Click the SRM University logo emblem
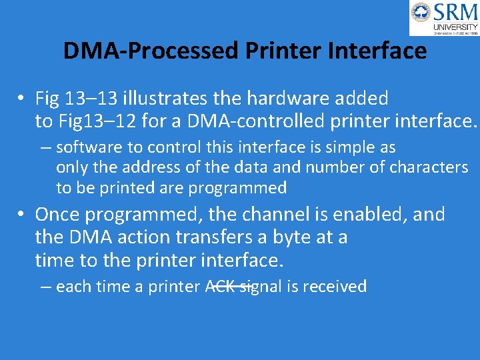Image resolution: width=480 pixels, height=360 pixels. pyautogui.click(x=421, y=12)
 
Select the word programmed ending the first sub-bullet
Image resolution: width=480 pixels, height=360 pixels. pyautogui.click(x=237, y=188)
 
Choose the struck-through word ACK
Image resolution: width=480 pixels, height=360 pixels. pyautogui.click(x=219, y=287)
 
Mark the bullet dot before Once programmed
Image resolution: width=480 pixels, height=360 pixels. pyautogui.click(x=22, y=215)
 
